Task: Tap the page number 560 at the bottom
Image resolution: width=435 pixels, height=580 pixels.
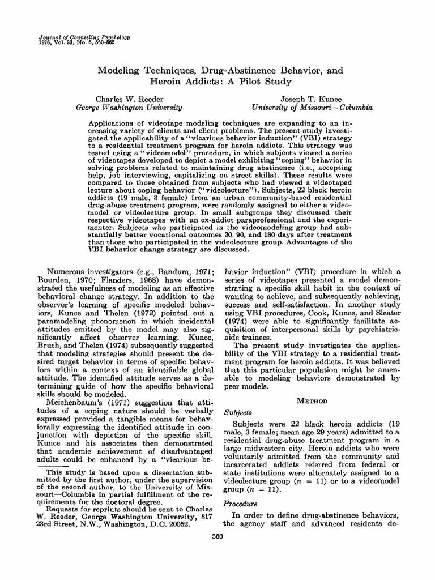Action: point(217,536)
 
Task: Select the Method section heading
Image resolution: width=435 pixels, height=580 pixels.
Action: point(308,400)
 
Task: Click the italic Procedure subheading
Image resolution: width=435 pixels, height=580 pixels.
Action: point(241,503)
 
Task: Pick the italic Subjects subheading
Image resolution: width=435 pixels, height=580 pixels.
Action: point(239,412)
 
